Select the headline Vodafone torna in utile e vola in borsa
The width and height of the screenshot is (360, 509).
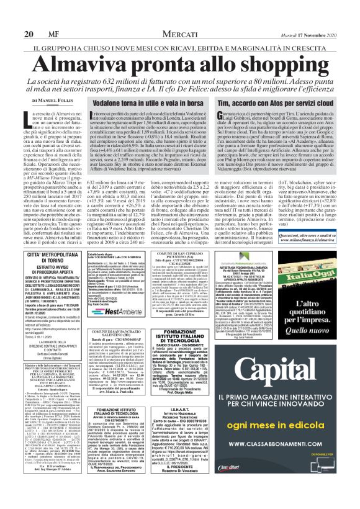coord(151,102)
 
